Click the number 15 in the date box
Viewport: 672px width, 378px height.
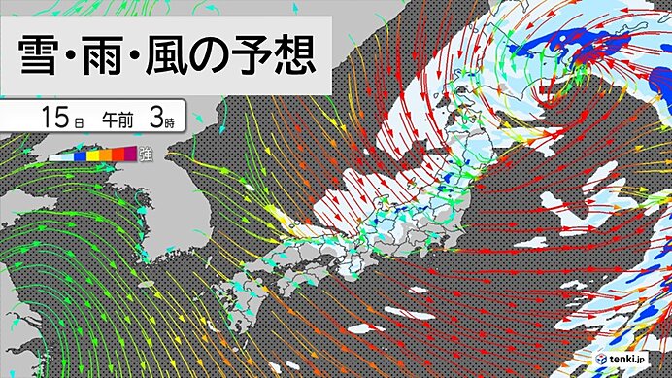[x=56, y=119]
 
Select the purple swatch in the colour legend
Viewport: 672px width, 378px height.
[x=130, y=154]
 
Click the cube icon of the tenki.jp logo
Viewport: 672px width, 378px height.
[x=602, y=359]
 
